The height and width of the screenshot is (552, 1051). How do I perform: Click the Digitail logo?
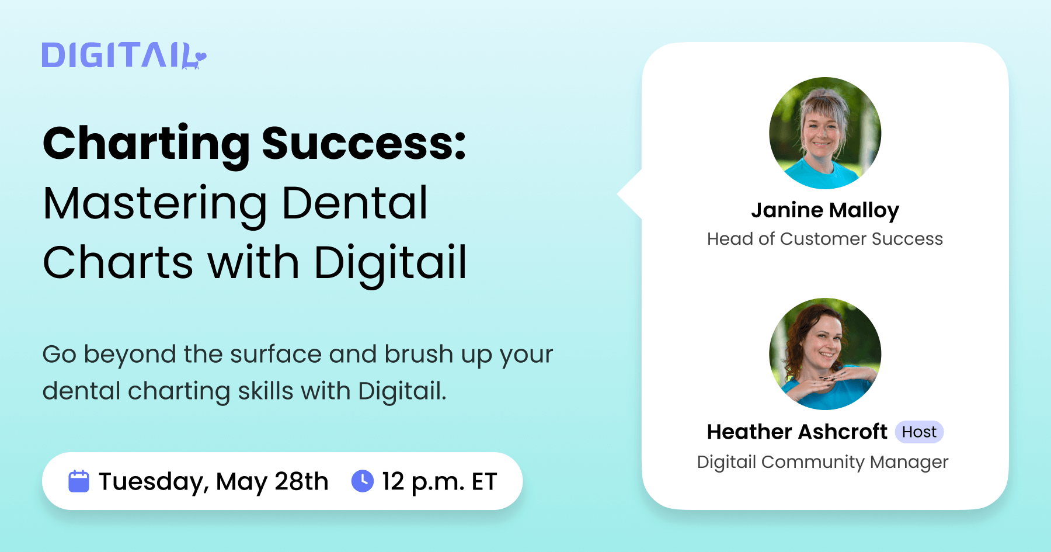pos(123,55)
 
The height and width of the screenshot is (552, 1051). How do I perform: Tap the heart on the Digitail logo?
pos(200,57)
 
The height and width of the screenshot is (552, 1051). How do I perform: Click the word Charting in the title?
pos(146,144)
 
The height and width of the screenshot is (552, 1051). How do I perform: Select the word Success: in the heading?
pos(364,144)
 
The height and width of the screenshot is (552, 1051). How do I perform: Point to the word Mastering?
pos(155,204)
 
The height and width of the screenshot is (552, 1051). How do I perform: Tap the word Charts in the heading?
pos(118,262)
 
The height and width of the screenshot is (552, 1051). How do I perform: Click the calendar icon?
pos(79,481)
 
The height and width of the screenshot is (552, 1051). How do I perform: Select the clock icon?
pos(363,481)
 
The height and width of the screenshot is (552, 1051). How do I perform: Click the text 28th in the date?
pos(301,481)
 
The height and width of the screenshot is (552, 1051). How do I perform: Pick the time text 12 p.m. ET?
pos(439,482)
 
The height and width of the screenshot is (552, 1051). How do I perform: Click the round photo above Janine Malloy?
pos(825,133)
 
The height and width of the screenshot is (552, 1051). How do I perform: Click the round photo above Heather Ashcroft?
pos(825,354)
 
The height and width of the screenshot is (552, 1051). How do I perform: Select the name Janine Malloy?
pos(825,210)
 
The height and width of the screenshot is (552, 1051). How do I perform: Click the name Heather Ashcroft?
pos(797,432)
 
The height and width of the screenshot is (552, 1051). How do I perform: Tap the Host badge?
pos(919,432)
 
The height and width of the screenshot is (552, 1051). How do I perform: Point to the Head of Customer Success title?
pos(825,239)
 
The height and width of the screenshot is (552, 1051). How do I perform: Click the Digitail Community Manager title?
pos(823,462)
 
